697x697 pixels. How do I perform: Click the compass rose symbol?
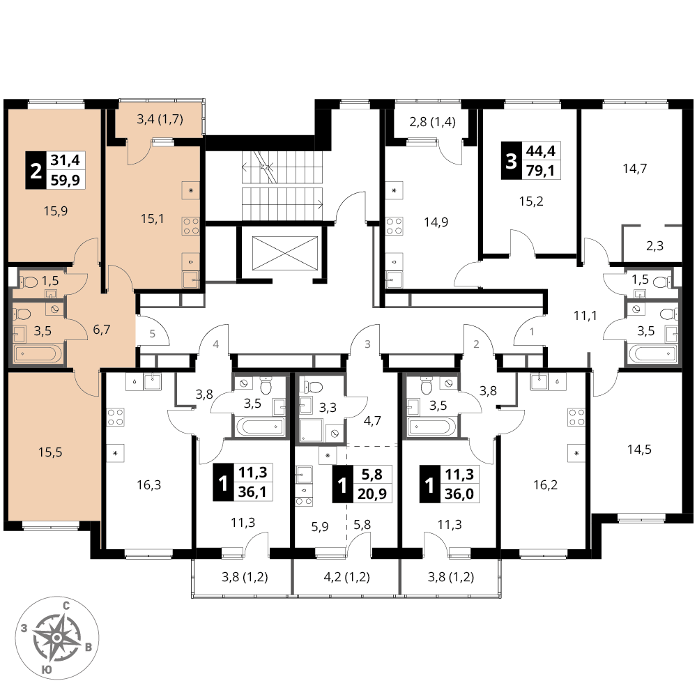click(x=57, y=638)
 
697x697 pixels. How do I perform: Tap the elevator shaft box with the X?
click(x=285, y=253)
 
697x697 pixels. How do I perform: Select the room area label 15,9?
click(x=56, y=210)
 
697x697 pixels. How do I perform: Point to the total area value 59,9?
click(x=66, y=180)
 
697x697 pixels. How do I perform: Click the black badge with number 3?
click(x=511, y=160)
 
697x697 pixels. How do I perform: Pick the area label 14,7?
click(x=634, y=169)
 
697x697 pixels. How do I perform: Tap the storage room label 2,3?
click(x=654, y=245)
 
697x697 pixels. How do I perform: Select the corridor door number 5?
click(x=153, y=333)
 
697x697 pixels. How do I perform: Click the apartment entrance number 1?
click(x=532, y=331)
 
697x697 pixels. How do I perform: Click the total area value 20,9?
click(x=372, y=493)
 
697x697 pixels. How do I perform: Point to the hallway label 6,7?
click(x=101, y=330)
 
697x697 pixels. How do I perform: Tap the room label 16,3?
click(x=149, y=484)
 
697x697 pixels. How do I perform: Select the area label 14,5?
click(x=639, y=449)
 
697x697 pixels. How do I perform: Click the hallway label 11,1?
click(x=585, y=316)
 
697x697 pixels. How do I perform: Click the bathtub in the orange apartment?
click(x=35, y=354)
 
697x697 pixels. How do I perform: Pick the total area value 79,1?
click(x=541, y=170)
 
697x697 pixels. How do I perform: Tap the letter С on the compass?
click(x=66, y=605)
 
